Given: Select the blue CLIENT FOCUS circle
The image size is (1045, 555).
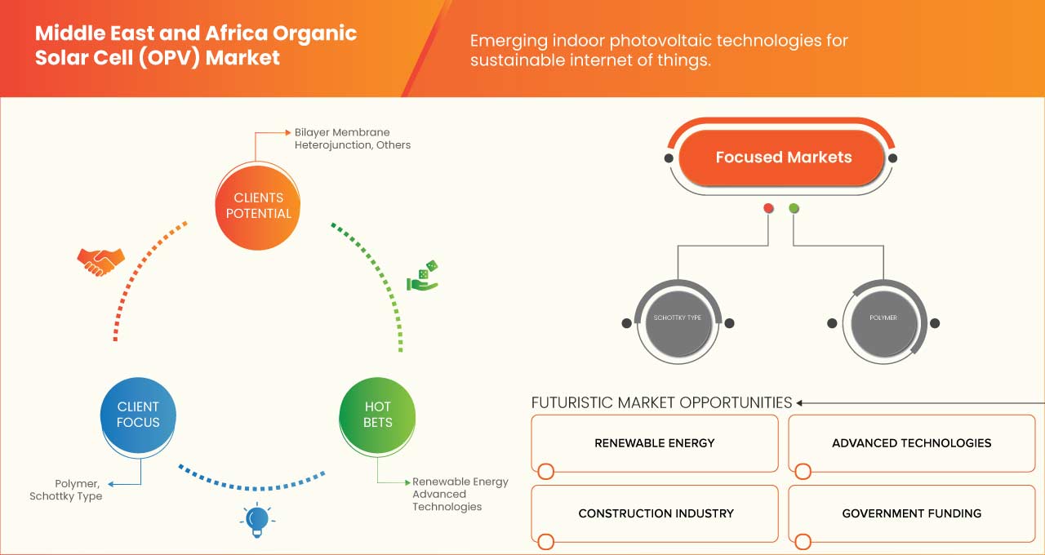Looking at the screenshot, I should (x=138, y=415).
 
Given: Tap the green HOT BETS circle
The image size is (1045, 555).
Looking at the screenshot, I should (x=378, y=415).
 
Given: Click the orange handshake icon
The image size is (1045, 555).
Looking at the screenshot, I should (x=100, y=261).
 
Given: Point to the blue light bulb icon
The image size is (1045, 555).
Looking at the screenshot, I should (x=257, y=519).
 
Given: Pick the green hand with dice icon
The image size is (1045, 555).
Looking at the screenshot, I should (x=423, y=276).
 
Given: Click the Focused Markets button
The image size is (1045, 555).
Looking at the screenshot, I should (x=782, y=158).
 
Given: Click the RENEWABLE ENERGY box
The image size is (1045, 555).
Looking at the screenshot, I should (x=654, y=443).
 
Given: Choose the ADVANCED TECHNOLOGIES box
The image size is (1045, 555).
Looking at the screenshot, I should (x=911, y=443).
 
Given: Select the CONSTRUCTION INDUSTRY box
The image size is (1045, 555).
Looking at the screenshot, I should (x=656, y=513).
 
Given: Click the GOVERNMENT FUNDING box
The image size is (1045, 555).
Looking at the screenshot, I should (x=911, y=513).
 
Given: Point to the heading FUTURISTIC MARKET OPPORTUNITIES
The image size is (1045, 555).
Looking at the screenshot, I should (x=661, y=402).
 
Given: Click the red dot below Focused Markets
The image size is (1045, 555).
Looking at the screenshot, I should (x=768, y=209).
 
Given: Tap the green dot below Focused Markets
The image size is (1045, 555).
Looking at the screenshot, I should (x=794, y=209).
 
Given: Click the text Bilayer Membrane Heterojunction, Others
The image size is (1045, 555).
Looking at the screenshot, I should (x=353, y=139).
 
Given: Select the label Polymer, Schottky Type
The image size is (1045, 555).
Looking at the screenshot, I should (x=66, y=490).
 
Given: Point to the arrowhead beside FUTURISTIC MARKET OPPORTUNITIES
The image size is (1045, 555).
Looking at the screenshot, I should (x=800, y=402).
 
